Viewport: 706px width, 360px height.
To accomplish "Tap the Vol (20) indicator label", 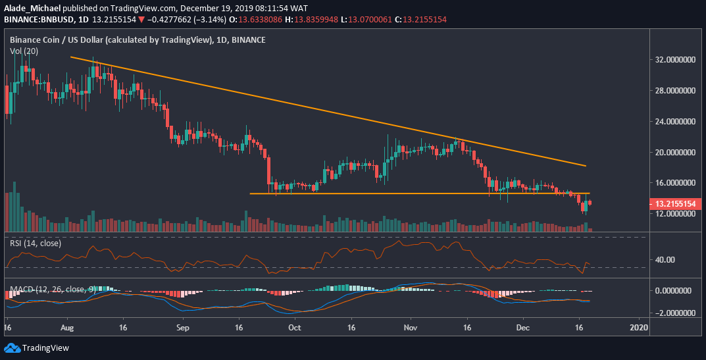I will click(24, 51).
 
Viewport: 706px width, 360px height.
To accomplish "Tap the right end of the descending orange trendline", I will click(586, 166).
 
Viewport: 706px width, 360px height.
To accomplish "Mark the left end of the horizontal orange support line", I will click(250, 193).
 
